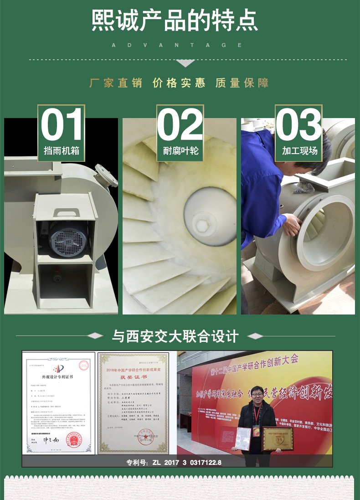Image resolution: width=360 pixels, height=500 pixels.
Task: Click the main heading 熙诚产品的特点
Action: point(175,21)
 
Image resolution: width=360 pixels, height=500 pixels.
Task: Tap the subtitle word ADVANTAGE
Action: point(177,45)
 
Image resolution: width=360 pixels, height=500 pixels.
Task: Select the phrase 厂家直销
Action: point(116,83)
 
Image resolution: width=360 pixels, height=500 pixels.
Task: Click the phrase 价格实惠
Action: point(179,83)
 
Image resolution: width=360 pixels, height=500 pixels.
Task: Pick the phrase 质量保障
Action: point(242,83)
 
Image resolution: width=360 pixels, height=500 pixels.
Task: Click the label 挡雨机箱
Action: point(62,151)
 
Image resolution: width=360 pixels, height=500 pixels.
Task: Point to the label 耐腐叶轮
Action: point(180,151)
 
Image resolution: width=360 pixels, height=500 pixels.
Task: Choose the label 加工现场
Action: point(298,151)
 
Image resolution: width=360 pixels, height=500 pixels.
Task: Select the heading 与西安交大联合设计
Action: point(175,337)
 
